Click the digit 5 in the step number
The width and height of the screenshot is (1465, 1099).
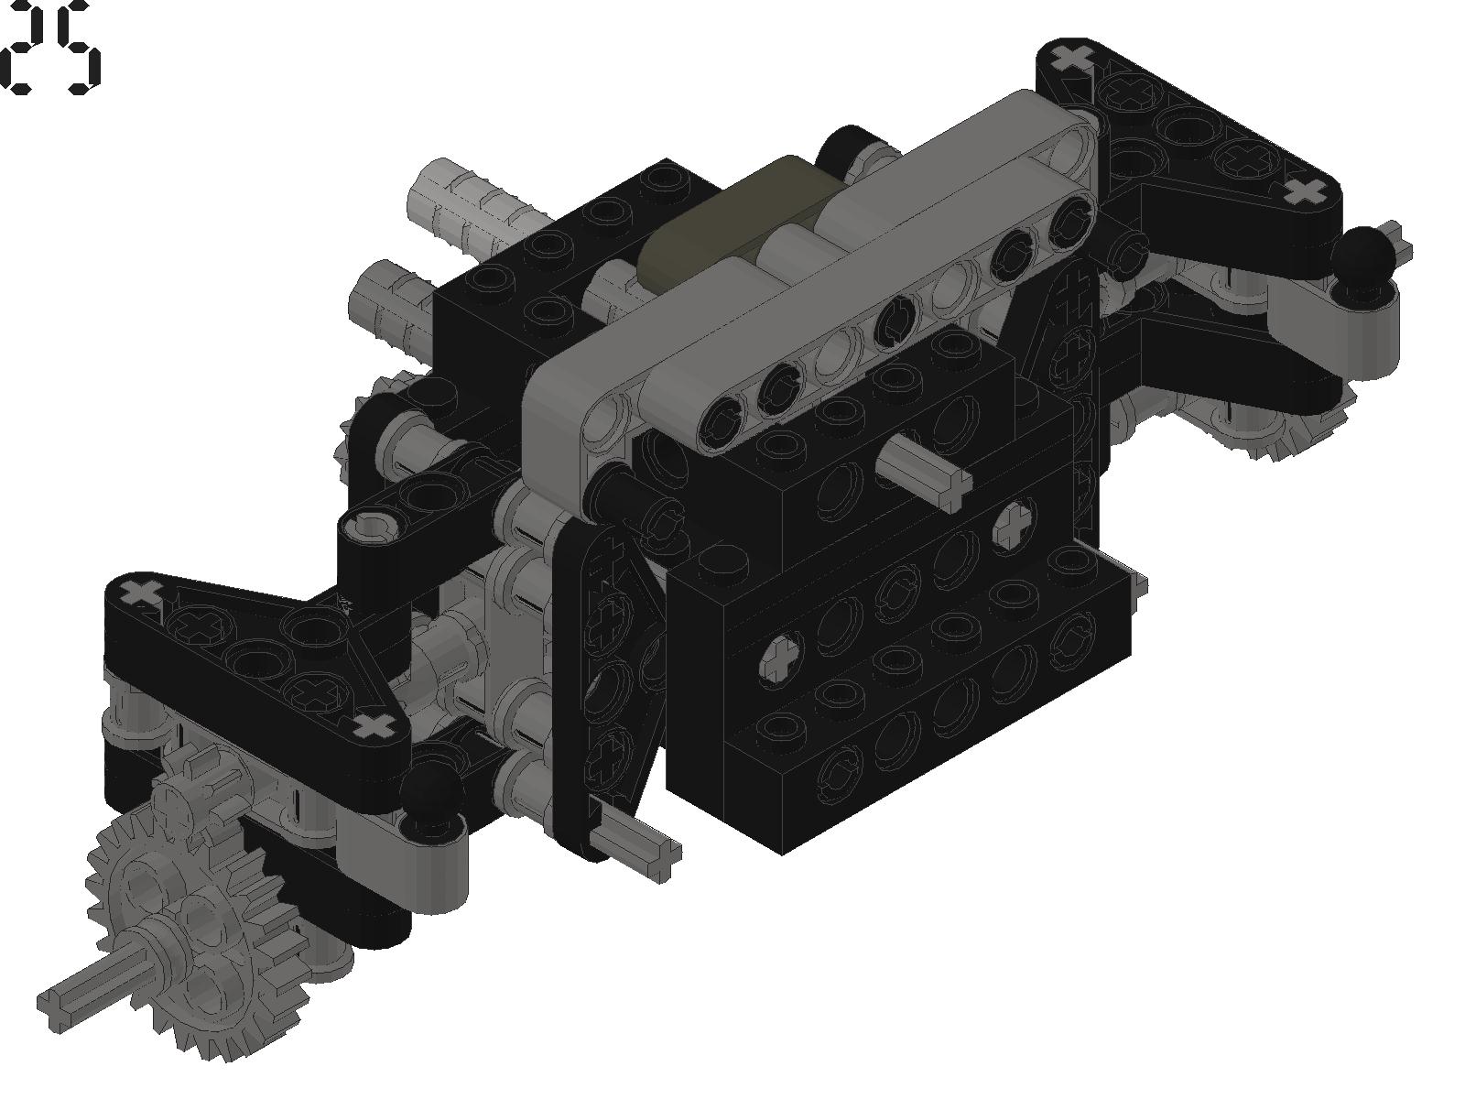click(x=78, y=47)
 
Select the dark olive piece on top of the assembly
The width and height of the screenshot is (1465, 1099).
click(x=721, y=220)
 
